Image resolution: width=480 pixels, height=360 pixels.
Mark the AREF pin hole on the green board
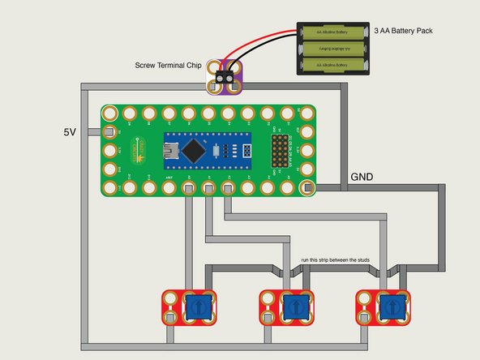pyautogui.click(x=168, y=190)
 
